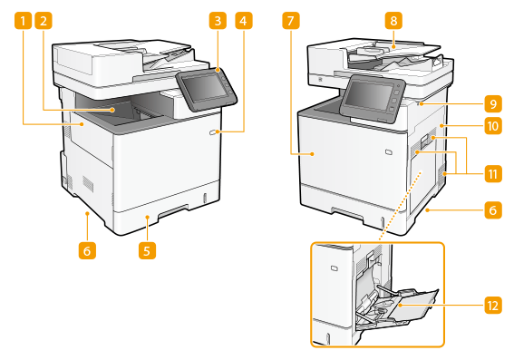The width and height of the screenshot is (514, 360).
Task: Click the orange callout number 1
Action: coord(23,21)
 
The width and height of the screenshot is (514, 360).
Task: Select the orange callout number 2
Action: coord(44,21)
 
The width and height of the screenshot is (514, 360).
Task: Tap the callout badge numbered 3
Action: coord(218,21)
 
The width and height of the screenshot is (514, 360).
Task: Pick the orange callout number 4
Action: coord(244,21)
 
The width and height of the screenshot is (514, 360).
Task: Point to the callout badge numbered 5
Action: coord(147,251)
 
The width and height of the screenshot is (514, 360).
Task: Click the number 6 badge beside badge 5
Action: coord(87,251)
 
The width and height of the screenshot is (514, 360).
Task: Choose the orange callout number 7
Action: coord(290,21)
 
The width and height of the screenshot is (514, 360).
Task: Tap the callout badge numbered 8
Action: coord(393,21)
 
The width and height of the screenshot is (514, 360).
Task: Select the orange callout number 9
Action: coord(493,104)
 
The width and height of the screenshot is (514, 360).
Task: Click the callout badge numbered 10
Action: coord(493,125)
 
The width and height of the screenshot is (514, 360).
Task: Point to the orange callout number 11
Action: coord(493,174)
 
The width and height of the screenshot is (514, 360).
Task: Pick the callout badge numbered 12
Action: coord(493,306)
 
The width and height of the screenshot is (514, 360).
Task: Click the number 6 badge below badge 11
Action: coord(493,209)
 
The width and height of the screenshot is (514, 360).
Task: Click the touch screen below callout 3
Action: coord(206,87)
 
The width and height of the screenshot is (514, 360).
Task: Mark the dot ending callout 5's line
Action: coord(147,217)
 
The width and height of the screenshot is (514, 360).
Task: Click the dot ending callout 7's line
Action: coord(313,153)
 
